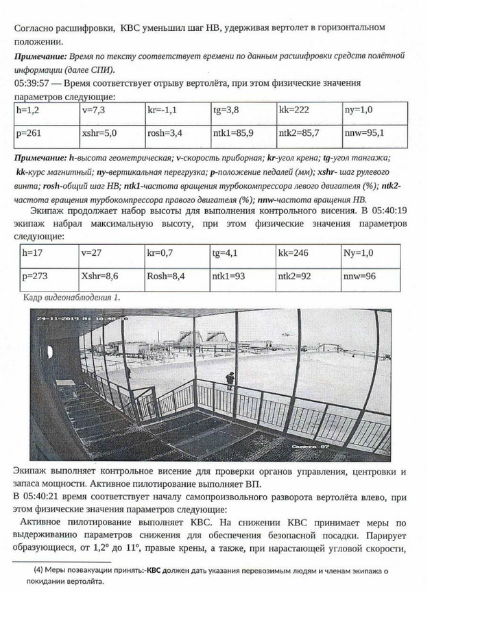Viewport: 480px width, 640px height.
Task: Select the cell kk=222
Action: pos(296,109)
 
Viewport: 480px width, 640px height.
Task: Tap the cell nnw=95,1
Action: pos(364,133)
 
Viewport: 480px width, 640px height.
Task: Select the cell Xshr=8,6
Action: pos(100,277)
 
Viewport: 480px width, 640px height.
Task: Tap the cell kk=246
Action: pos(294,252)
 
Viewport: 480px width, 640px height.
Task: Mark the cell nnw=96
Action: pos(359,277)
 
